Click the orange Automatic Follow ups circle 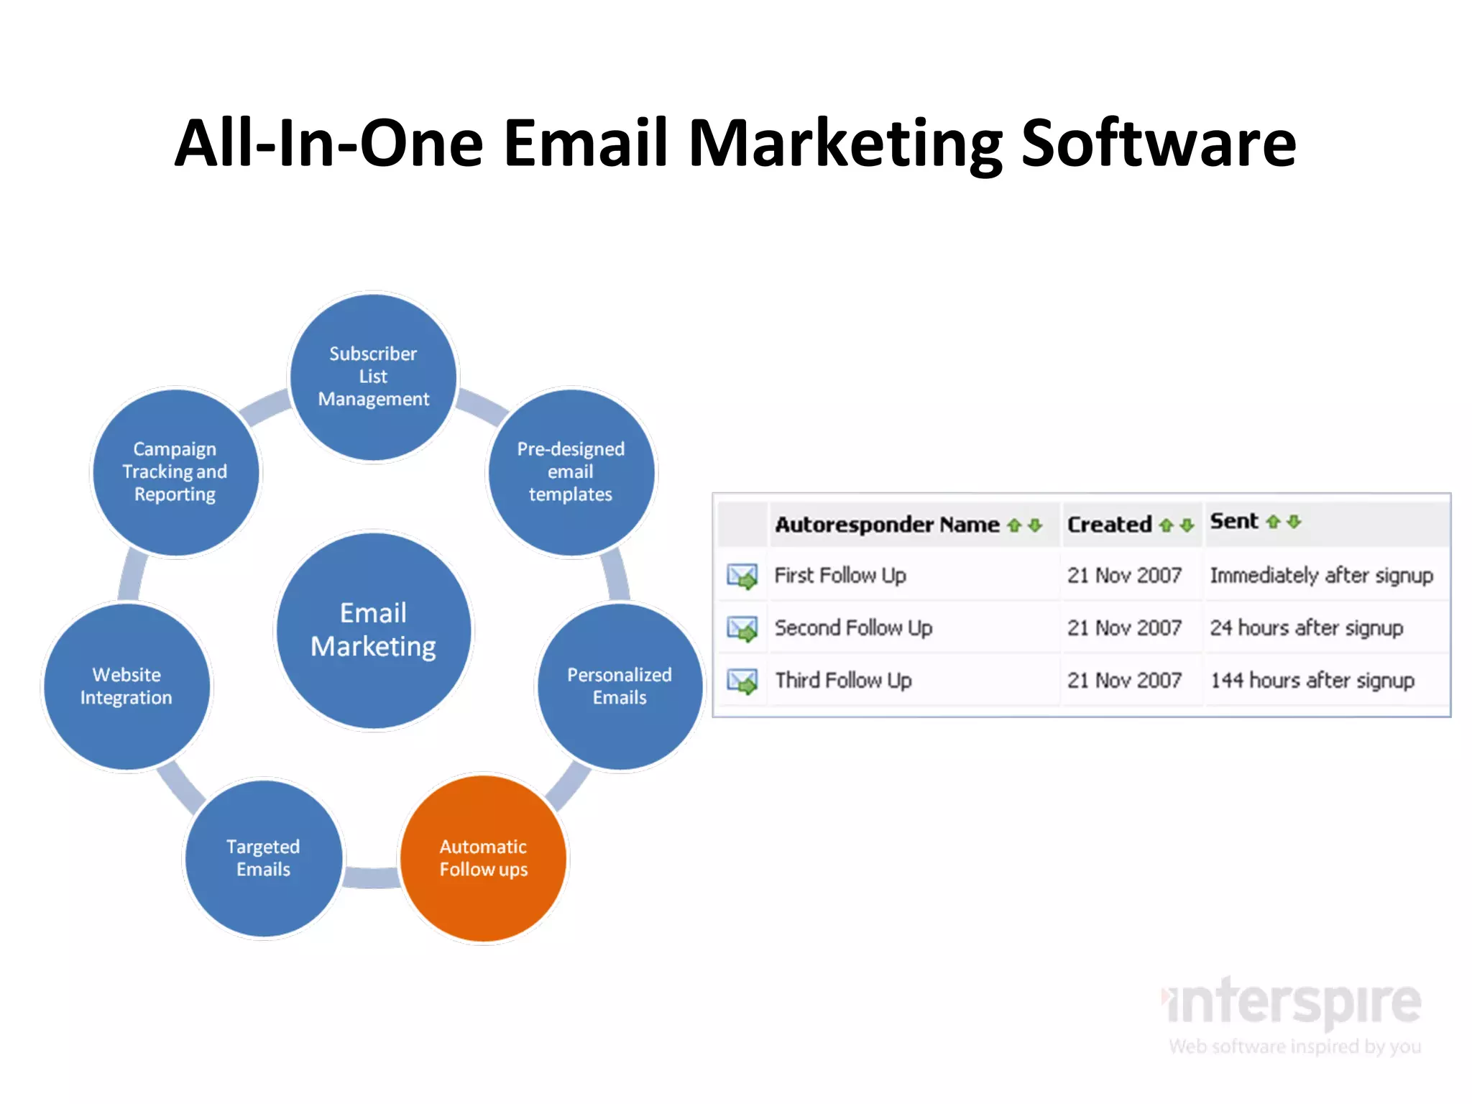[x=484, y=858]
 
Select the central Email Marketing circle [x=373, y=630]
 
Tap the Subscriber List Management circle [x=373, y=376]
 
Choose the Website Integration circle [x=126, y=686]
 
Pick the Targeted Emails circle [x=263, y=858]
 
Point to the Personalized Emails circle [x=620, y=686]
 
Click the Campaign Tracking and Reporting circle [x=175, y=471]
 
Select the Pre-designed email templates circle [x=571, y=471]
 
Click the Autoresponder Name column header [x=887, y=525]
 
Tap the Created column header [x=1109, y=525]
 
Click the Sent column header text [x=1234, y=521]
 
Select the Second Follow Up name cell [x=853, y=627]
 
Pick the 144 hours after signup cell [x=1312, y=680]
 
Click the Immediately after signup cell [x=1321, y=575]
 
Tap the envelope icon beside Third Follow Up [x=742, y=681]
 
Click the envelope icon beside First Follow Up [x=742, y=576]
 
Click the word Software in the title [x=1159, y=143]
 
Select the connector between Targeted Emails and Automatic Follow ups [x=372, y=877]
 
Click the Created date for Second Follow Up [x=1124, y=627]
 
